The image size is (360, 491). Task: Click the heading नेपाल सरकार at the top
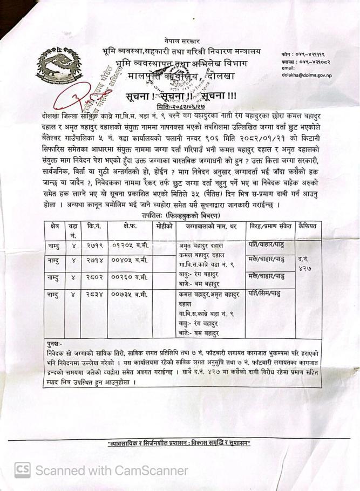[182, 41]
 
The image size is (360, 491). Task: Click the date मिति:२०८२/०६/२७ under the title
[182, 108]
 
